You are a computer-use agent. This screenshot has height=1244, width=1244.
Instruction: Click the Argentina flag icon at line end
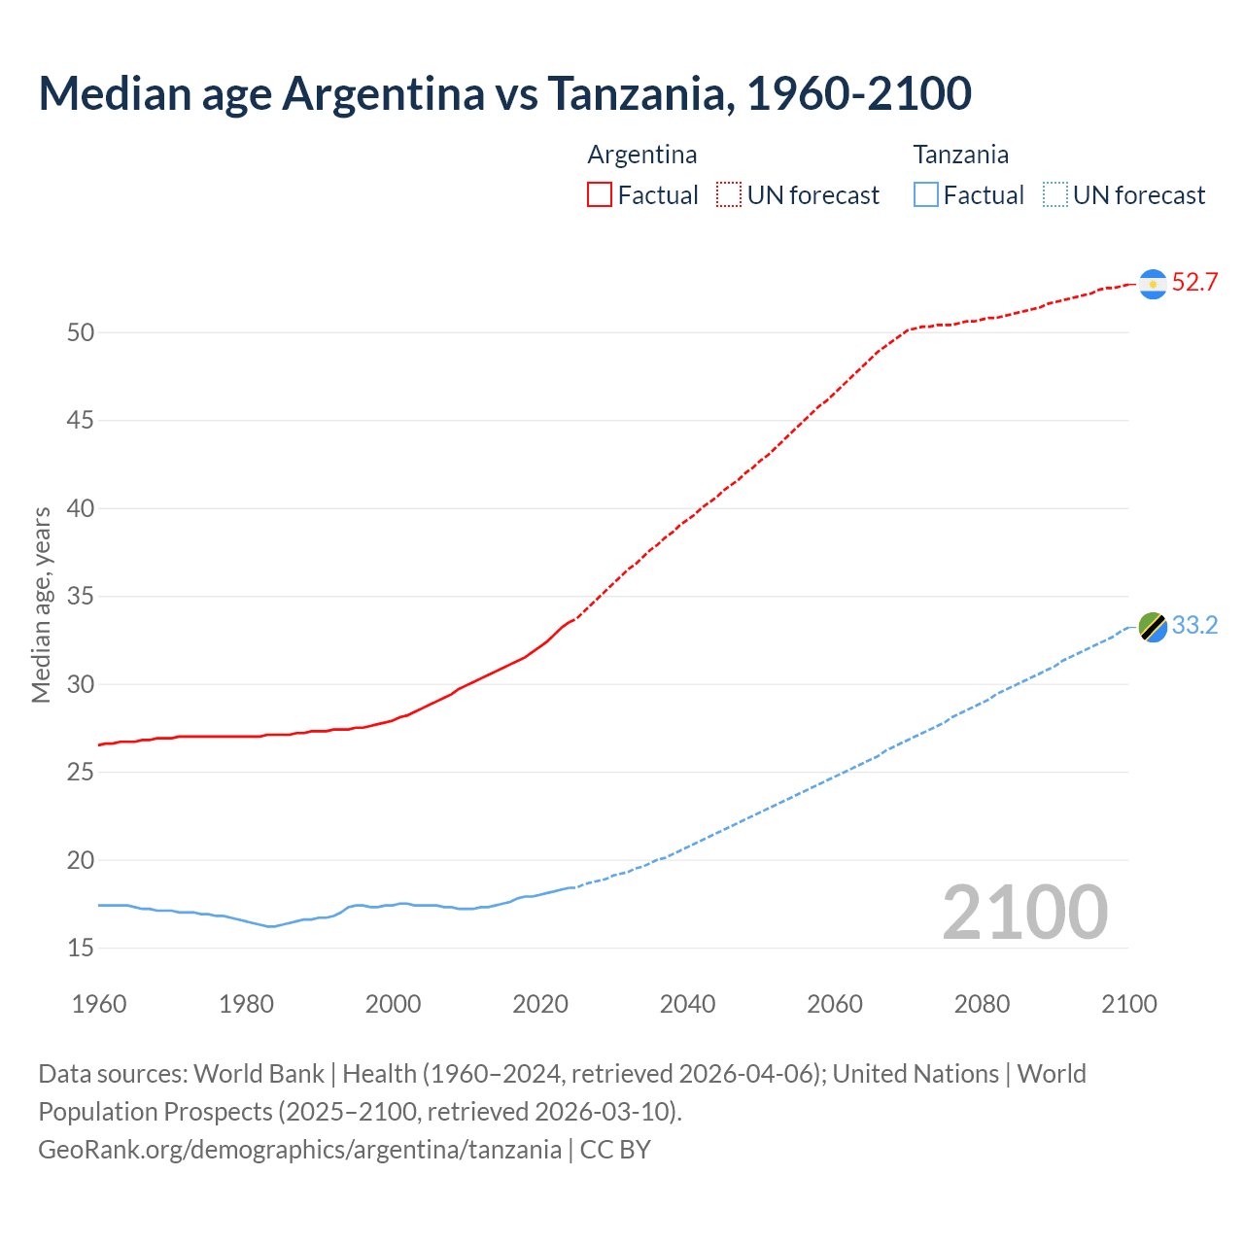coord(1153,283)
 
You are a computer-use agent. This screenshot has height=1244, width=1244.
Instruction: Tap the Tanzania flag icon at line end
coord(1153,627)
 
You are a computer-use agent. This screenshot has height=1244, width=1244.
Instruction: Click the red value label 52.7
coord(1194,283)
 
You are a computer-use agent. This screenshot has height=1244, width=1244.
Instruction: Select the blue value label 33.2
coord(1194,626)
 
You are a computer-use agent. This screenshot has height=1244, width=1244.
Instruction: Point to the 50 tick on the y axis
coord(81,332)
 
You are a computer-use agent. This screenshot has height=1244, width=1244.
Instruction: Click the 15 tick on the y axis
coord(81,948)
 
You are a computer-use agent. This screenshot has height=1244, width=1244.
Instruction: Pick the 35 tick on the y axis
coord(81,596)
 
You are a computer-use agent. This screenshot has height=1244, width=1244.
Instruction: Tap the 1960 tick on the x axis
coord(99,1004)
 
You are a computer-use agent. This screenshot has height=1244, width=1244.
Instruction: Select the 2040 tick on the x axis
coord(687,1004)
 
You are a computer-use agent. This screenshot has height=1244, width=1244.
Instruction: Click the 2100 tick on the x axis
coord(1128,1004)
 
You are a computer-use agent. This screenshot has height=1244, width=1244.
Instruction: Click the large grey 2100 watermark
coord(1024,913)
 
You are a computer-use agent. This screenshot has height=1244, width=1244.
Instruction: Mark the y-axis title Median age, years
coord(41,605)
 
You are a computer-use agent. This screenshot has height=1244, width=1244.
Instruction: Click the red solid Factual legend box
coord(600,195)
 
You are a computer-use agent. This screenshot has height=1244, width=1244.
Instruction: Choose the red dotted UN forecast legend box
coord(729,195)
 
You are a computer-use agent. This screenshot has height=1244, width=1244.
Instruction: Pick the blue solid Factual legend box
coord(926,195)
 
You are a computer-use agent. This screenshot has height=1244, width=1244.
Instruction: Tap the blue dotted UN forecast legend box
coord(1055,195)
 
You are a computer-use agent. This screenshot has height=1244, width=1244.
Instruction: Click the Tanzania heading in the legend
coord(960,155)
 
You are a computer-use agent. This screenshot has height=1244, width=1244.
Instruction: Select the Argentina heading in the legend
coord(642,155)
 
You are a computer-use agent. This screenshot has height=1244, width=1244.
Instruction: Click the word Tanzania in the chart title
coord(637,94)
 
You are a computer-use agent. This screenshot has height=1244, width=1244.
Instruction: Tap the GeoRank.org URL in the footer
coord(299,1150)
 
